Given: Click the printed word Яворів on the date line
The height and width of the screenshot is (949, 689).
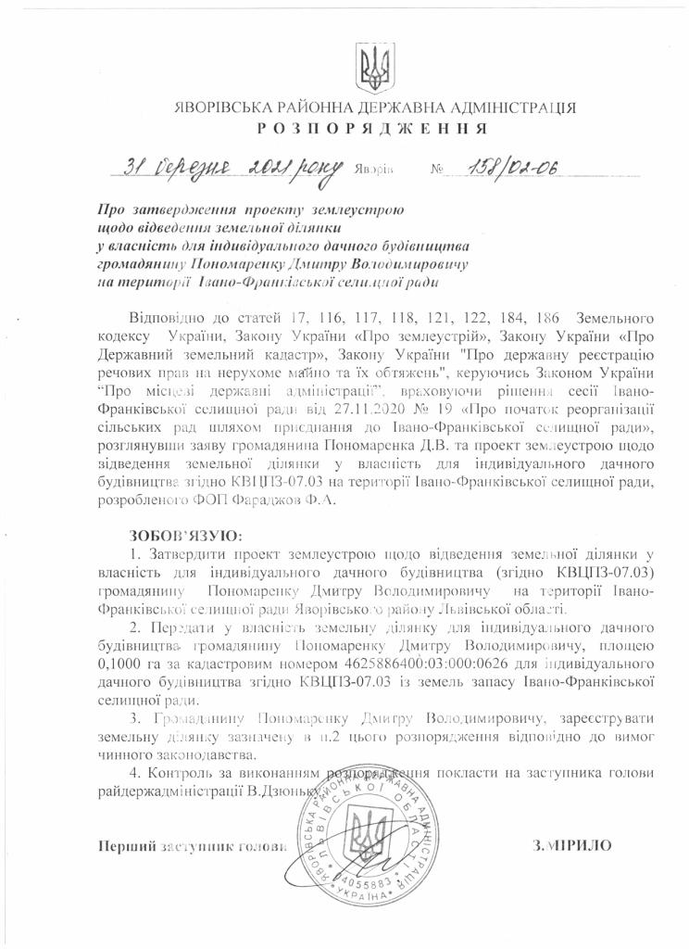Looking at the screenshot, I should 374,171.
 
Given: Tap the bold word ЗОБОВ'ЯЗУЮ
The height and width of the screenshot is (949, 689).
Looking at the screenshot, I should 185,535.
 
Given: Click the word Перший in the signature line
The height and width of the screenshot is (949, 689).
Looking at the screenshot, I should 123,845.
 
